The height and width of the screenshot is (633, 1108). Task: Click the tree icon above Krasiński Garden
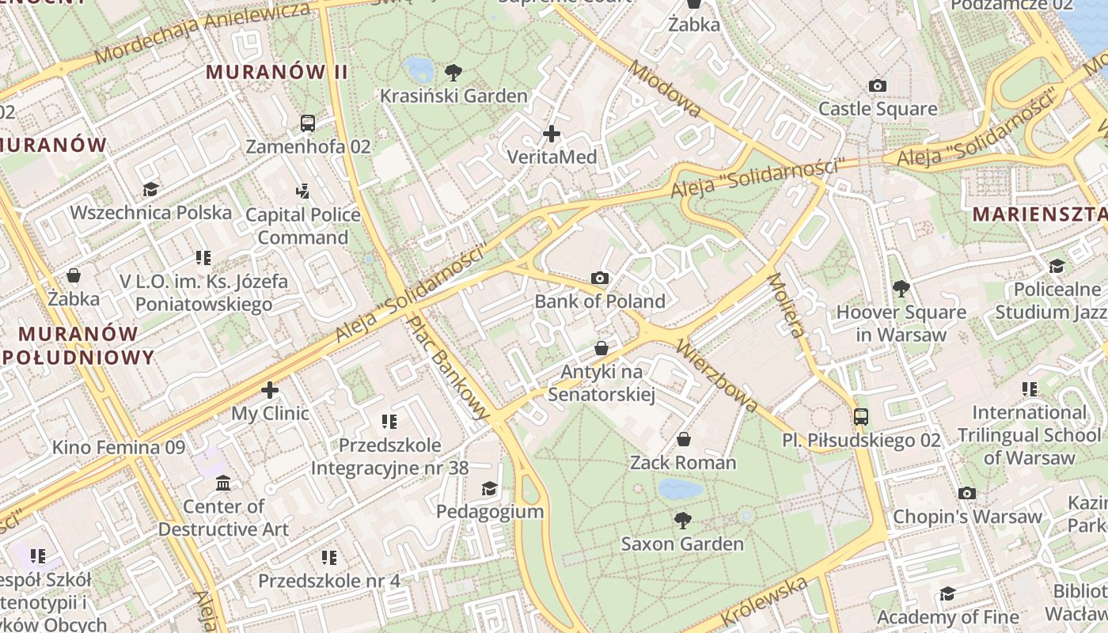pyautogui.click(x=453, y=73)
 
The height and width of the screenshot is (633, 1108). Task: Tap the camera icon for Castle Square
pyautogui.click(x=877, y=85)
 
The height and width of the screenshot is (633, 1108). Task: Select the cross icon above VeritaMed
pyautogui.click(x=552, y=134)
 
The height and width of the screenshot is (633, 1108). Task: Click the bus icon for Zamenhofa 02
pyautogui.click(x=308, y=123)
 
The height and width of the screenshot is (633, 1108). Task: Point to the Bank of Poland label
pyautogui.click(x=599, y=301)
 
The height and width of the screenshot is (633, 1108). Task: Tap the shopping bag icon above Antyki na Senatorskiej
pyautogui.click(x=601, y=348)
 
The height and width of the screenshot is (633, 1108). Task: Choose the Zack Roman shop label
pyautogui.click(x=683, y=462)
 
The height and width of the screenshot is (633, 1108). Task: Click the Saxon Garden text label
pyautogui.click(x=682, y=544)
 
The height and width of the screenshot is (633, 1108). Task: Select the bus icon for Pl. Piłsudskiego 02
pyautogui.click(x=861, y=416)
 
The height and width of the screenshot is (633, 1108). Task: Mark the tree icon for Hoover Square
pyautogui.click(x=901, y=288)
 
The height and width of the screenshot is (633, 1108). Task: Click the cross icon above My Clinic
pyautogui.click(x=270, y=390)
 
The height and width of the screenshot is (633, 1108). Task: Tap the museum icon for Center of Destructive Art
pyautogui.click(x=223, y=483)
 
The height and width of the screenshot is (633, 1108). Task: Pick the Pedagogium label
pyautogui.click(x=490, y=511)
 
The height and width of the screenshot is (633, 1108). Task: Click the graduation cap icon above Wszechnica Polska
pyautogui.click(x=150, y=189)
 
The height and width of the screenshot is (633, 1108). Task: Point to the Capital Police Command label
pyautogui.click(x=302, y=226)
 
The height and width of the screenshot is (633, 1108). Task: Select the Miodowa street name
pyautogui.click(x=665, y=88)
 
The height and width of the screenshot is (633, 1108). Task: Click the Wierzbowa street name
pyautogui.click(x=717, y=376)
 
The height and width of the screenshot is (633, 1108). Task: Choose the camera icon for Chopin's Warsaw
pyautogui.click(x=966, y=494)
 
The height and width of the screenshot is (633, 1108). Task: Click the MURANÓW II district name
pyautogui.click(x=277, y=72)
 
